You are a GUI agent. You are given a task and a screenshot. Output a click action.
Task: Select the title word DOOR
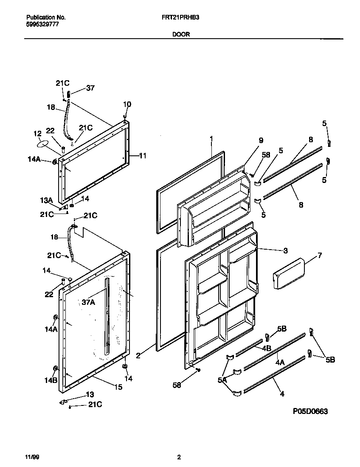pyautogui.click(x=181, y=35)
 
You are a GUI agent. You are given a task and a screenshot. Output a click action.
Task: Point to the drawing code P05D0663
pyautogui.click(x=310, y=411)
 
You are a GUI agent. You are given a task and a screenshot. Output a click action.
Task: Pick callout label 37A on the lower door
pyautogui.click(x=88, y=302)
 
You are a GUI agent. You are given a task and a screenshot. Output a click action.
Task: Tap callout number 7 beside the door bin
pyautogui.click(x=319, y=255)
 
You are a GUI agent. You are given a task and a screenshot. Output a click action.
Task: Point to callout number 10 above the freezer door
pyautogui.click(x=127, y=104)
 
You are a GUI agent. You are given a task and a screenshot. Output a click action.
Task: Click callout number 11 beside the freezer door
pyautogui.click(x=143, y=156)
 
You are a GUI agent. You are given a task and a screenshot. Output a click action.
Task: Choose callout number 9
pyautogui.click(x=261, y=141)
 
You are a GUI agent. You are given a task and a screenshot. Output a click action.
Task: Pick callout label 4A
pyautogui.click(x=280, y=363)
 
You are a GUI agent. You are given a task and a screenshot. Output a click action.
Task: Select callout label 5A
pyautogui.click(x=222, y=380)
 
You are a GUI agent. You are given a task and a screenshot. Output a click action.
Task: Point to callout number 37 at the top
pyautogui.click(x=90, y=88)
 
